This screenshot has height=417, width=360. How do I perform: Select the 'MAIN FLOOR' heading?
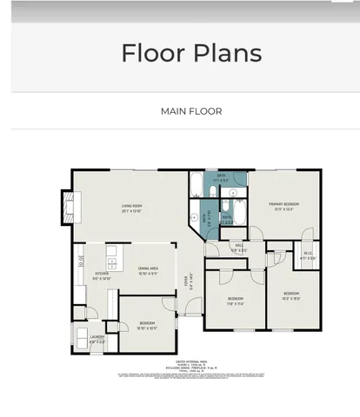190,111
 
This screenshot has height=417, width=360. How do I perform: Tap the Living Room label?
131,208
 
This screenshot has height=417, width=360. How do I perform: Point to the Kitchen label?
102,276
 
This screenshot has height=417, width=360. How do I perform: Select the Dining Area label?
147,271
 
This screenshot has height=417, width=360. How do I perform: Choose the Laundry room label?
97,340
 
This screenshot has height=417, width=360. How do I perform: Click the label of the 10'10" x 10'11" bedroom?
147,325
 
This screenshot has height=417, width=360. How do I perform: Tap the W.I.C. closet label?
308,256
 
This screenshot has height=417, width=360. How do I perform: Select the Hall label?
239,248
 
